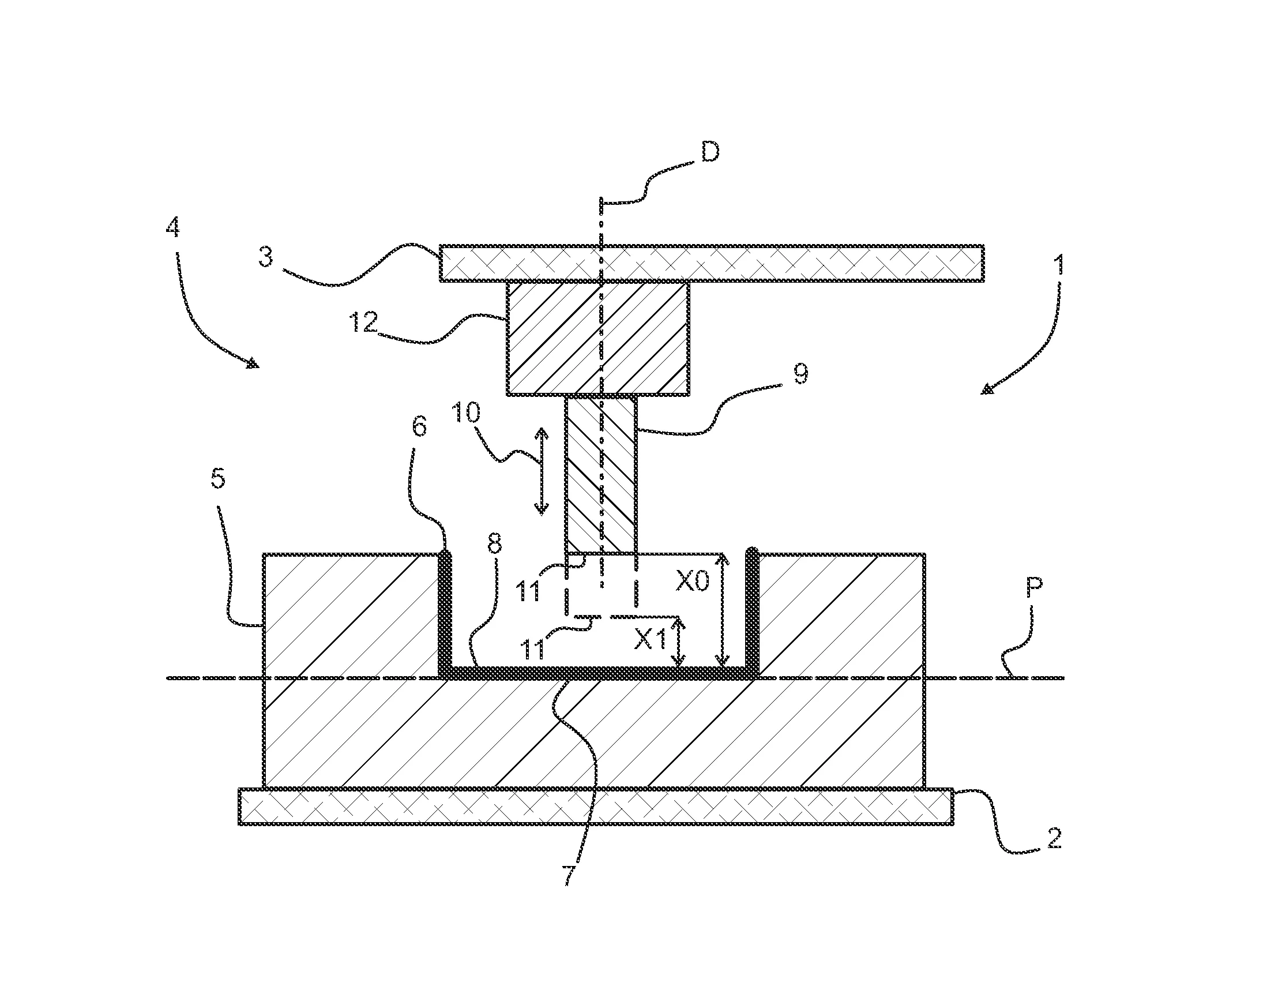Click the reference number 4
pos(172,226)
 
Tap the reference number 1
pos(1058,267)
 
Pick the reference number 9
pos(800,373)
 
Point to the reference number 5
pos(217,478)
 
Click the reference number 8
pos(494,545)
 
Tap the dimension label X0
pos(693,582)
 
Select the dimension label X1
pos(651,641)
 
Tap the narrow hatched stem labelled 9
pos(600,474)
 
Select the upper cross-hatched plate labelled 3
pos(711,263)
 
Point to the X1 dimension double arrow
pos(678,643)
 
